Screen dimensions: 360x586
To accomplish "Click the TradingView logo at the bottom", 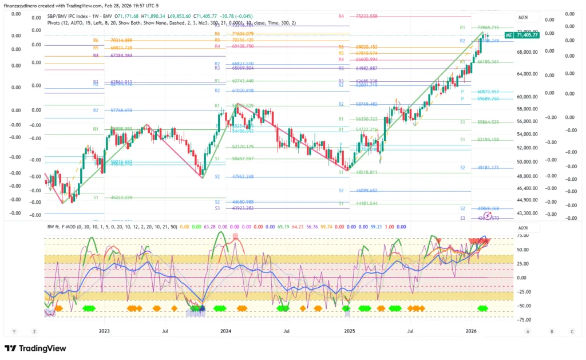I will [x=35, y=349].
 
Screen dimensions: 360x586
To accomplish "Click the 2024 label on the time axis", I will [x=226, y=331].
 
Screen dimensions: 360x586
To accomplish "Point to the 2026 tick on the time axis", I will [x=472, y=331].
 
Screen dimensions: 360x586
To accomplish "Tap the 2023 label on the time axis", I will [x=104, y=331].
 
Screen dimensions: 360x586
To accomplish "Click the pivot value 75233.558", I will [x=367, y=17].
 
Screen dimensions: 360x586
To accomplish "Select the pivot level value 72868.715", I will [x=488, y=27].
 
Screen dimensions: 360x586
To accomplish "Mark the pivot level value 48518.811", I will [x=367, y=172].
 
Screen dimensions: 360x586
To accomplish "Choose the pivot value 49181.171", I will [x=488, y=168].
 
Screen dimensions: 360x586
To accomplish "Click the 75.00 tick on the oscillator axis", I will [x=522, y=235].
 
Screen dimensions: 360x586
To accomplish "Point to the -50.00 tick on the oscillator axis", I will [x=522, y=306].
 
